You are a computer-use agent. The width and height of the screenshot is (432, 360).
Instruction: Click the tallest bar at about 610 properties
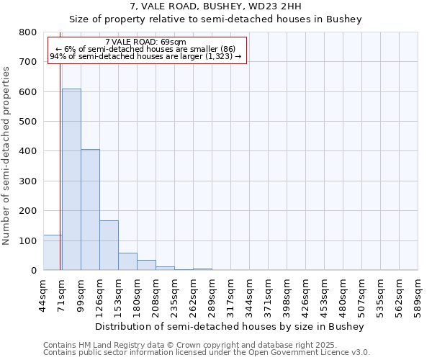click(71, 179)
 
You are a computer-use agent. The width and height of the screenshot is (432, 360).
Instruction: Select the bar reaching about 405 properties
click(90, 210)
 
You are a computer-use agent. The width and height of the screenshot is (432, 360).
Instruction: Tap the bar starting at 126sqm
click(109, 246)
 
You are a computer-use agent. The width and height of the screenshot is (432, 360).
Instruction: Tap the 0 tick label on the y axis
click(33, 271)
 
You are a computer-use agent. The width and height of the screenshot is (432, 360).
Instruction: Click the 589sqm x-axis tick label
click(418, 295)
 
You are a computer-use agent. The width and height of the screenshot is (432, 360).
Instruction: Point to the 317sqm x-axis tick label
click(230, 295)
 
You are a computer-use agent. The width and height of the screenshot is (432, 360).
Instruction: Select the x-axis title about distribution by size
click(230, 326)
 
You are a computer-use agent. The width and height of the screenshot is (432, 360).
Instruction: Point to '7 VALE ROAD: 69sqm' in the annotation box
click(145, 42)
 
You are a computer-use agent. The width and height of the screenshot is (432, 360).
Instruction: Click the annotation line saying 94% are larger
click(145, 55)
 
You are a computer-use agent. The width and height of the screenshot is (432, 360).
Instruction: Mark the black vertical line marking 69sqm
click(58, 158)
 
